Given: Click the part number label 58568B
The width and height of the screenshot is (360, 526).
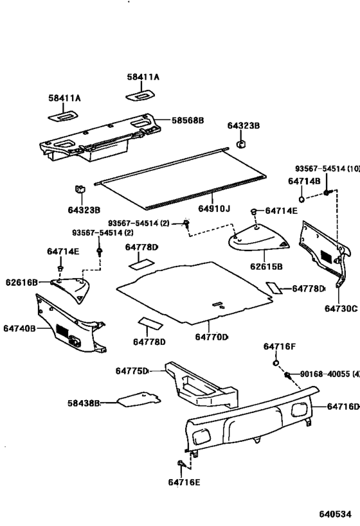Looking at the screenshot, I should [x=187, y=120].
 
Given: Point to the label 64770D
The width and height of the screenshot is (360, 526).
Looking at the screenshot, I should [x=212, y=337].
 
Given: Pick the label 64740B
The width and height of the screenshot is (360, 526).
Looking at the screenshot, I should [x=18, y=328].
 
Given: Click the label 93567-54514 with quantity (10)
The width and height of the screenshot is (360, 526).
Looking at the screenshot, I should [x=327, y=168].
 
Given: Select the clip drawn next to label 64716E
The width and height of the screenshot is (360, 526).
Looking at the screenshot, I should [x=181, y=463].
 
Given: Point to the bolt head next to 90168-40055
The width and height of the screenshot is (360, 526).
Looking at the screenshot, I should [x=287, y=375].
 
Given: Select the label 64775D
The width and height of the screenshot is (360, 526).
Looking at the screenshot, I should [x=132, y=371].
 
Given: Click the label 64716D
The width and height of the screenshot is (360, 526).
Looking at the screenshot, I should [x=343, y=406].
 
